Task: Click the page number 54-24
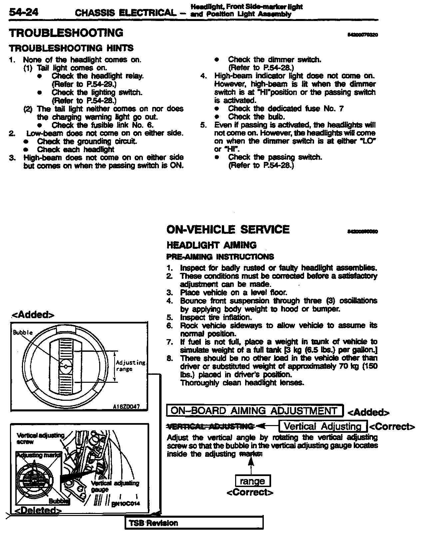24,13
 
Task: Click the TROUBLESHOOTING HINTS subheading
71,48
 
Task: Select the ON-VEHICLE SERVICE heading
228,230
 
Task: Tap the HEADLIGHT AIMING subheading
211,245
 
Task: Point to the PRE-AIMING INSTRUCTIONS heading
220,257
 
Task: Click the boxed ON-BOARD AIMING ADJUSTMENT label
254,411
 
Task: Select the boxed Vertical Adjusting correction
323,426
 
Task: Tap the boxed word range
252,481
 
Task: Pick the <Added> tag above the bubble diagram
33,315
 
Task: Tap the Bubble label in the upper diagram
23,332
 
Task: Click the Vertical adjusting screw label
40,438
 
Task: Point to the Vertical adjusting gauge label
115,486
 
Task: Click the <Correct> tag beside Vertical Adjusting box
392,427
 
